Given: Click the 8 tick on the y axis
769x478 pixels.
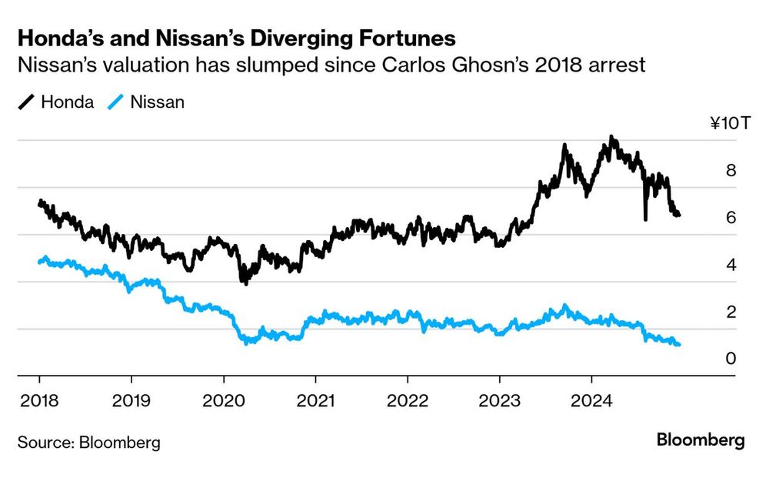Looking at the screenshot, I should coord(731,171).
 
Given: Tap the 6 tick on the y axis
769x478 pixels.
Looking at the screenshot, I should coord(731,218).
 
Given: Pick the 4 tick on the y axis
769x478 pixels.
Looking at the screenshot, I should coord(731,265).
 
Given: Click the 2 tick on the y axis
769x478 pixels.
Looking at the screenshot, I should coord(731,312).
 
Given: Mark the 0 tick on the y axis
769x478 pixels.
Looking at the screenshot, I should coord(731,359).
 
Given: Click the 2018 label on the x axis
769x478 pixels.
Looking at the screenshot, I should coord(39,400).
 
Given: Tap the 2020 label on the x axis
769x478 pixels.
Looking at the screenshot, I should coord(223,400).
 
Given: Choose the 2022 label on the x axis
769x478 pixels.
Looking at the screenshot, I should coord(407,400).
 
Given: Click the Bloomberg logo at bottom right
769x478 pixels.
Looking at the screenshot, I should coord(701,440).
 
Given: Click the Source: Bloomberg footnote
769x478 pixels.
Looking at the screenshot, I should coord(89,443).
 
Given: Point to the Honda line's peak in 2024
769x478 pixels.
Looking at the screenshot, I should coord(611,139).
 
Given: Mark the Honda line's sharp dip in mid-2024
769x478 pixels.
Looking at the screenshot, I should coord(645,219).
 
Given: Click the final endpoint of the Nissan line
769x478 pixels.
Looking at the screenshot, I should coord(678,344).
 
